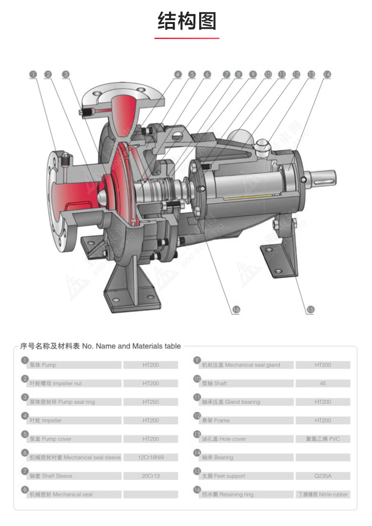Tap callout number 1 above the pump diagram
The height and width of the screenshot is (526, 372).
pyautogui.click(x=33, y=74)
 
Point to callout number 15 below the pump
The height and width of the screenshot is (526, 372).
pyautogui.click(x=310, y=310)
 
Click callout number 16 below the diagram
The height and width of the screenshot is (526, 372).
pyautogui.click(x=236, y=310)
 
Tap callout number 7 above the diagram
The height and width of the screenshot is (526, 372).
pyautogui.click(x=226, y=74)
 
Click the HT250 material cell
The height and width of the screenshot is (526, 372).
pyautogui.click(x=151, y=402)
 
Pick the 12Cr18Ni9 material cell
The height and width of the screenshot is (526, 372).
pyautogui.click(x=151, y=457)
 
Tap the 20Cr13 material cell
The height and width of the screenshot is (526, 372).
pyautogui.click(x=151, y=476)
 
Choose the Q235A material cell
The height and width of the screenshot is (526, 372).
pyautogui.click(x=323, y=476)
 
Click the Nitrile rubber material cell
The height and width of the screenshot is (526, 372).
pyautogui.click(x=323, y=494)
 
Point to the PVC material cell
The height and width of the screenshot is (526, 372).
pyautogui.click(x=323, y=439)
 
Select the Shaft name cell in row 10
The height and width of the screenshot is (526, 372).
pyautogui.click(x=245, y=383)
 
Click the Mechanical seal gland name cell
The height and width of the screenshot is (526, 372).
pyautogui.click(x=245, y=365)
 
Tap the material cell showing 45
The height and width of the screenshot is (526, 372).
pyautogui.click(x=323, y=383)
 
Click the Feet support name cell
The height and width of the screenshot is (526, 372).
pyautogui.click(x=245, y=476)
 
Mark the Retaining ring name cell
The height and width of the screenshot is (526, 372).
pyautogui.click(x=245, y=494)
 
